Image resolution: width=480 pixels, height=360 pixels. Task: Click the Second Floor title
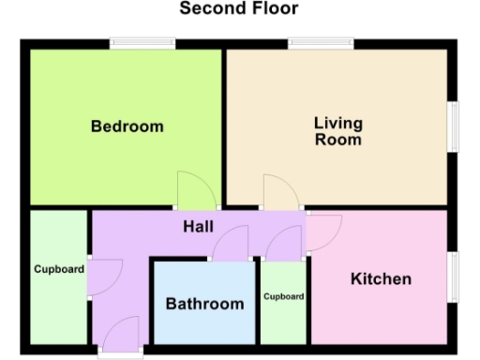[239, 9]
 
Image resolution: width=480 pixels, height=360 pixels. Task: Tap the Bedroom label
[127, 127]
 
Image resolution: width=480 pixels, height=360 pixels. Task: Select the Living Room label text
[338, 131]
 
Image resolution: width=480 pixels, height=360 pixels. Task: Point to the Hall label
[198, 227]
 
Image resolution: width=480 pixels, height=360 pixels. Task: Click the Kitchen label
[381, 279]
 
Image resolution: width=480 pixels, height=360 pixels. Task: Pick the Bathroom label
[204, 304]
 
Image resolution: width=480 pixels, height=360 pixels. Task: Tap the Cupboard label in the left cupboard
[59, 270]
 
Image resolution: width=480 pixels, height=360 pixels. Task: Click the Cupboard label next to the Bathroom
[283, 296]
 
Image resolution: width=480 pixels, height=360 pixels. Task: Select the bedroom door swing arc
[191, 190]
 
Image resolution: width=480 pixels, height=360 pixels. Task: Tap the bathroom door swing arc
[228, 246]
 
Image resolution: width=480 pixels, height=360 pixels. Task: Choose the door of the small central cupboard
[281, 246]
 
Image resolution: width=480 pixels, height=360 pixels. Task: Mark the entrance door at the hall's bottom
[121, 335]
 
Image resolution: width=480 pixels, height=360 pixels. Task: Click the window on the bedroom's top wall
[141, 42]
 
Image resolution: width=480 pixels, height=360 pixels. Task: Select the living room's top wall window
[320, 42]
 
